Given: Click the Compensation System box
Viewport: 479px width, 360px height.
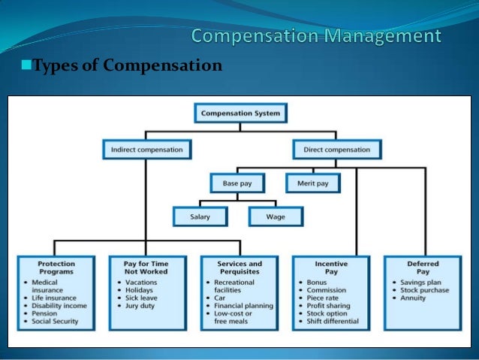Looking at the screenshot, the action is pyautogui.click(x=240, y=114).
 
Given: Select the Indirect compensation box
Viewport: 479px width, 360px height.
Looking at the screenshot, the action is pyautogui.click(x=146, y=150).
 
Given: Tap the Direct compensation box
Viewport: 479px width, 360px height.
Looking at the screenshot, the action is pyautogui.click(x=336, y=150).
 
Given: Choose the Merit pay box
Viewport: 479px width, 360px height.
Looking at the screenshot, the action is pyautogui.click(x=312, y=183).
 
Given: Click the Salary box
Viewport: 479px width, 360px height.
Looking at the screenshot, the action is pyautogui.click(x=200, y=217).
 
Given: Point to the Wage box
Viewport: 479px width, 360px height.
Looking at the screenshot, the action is pyautogui.click(x=276, y=217).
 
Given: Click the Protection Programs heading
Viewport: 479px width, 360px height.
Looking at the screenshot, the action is pyautogui.click(x=56, y=268).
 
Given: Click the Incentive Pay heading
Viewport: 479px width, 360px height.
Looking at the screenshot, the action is pyautogui.click(x=330, y=268).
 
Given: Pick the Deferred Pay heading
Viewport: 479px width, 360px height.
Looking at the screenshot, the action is pyautogui.click(x=423, y=268).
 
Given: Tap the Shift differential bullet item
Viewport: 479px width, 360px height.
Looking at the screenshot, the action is pyautogui.click(x=333, y=321).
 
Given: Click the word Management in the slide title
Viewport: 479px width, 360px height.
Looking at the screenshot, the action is pyautogui.click(x=388, y=35).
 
